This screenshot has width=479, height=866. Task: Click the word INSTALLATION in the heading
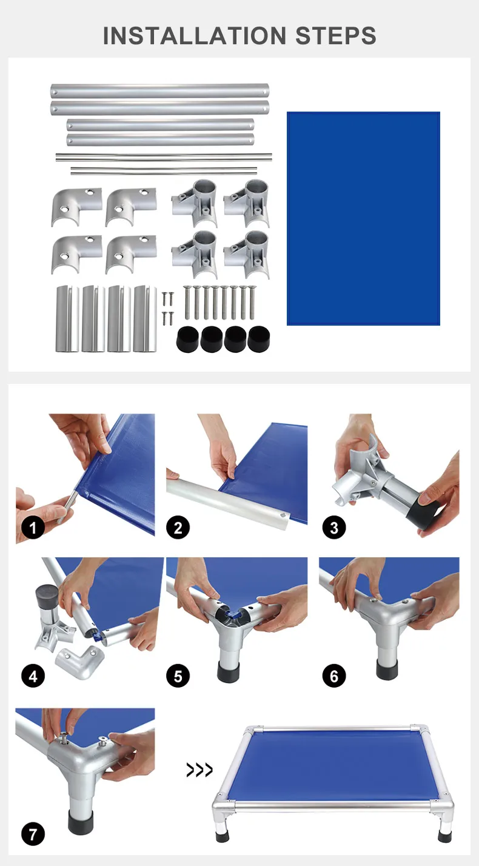195,36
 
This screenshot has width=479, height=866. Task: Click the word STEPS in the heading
335,36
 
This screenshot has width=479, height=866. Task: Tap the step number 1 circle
33,528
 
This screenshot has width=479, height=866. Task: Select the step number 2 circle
178,528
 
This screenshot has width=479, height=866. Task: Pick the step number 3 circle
334,528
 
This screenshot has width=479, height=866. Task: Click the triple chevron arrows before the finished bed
199,770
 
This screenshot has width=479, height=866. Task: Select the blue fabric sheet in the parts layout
363,218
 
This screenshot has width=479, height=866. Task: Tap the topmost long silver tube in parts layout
159,92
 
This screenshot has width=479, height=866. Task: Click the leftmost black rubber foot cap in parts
188,340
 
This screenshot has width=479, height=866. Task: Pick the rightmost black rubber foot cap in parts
259,339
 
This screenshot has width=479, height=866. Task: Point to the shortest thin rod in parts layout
164,170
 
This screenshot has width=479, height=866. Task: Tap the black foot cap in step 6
387,669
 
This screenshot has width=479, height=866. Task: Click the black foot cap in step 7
81,821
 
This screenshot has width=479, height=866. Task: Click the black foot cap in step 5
229,671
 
